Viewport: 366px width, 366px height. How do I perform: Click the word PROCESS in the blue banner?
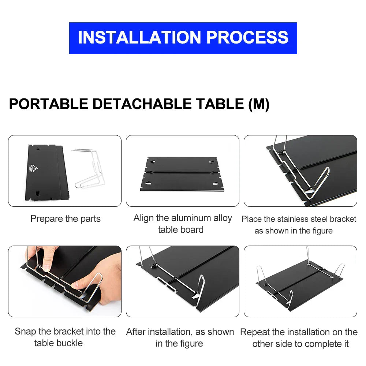point(247,38)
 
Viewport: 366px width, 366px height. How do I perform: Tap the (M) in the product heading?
point(259,104)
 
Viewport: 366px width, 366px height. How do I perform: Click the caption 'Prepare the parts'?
point(65,219)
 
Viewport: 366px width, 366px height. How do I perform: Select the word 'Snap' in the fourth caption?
point(25,332)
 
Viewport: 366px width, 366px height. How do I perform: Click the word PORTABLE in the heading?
point(48,104)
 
